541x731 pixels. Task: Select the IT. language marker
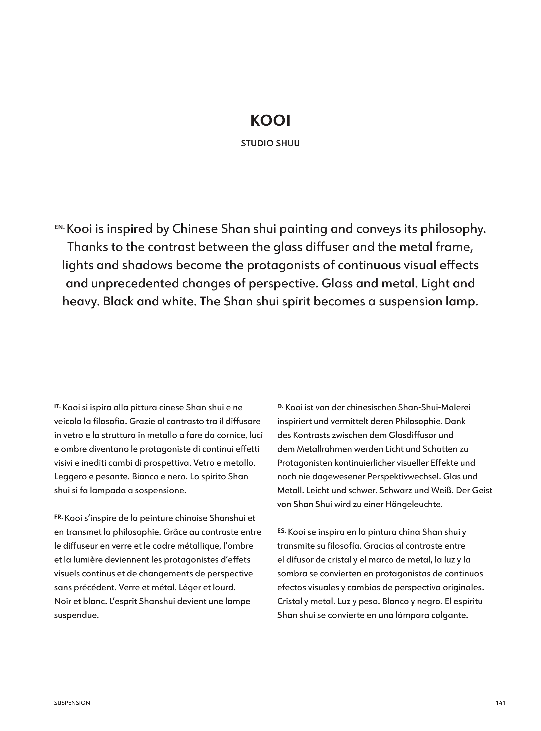(x=58, y=406)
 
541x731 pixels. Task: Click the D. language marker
(x=280, y=406)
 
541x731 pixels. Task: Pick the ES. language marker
(x=282, y=531)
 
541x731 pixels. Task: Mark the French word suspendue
(x=76, y=615)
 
